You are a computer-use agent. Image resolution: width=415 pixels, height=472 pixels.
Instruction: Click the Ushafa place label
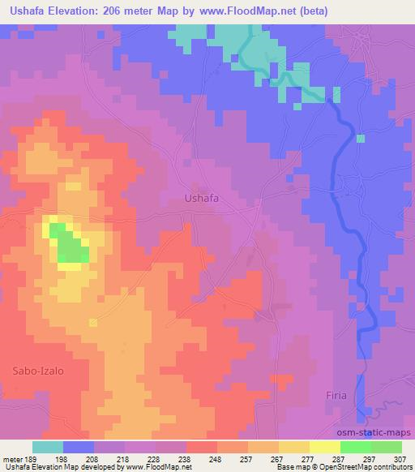[x=202, y=197]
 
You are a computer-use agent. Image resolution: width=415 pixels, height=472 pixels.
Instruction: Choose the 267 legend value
[x=279, y=457]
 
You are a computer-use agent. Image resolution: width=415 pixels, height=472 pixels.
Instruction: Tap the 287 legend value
[x=340, y=457]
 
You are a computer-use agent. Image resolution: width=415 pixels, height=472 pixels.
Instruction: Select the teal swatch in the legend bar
[x=48, y=446]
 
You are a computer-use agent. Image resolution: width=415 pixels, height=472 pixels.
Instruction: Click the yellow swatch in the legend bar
[x=324, y=446]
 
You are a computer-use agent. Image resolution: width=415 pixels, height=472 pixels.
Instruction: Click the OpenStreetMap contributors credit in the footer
[x=368, y=467]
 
